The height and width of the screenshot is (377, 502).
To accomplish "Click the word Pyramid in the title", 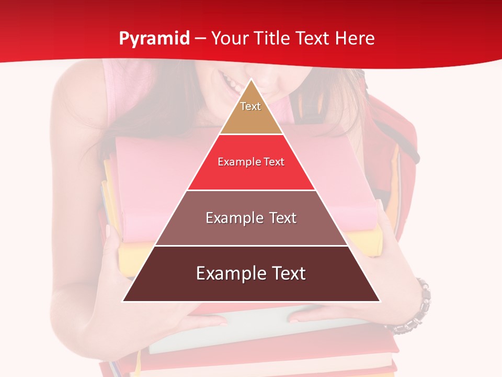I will click(x=154, y=39).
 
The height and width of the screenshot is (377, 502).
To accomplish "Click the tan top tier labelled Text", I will click(x=250, y=113).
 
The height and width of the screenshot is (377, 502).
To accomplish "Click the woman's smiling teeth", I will click(x=232, y=81).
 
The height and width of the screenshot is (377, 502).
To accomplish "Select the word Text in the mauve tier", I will click(x=283, y=218).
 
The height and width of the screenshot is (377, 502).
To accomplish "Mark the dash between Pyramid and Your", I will click(x=200, y=39).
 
